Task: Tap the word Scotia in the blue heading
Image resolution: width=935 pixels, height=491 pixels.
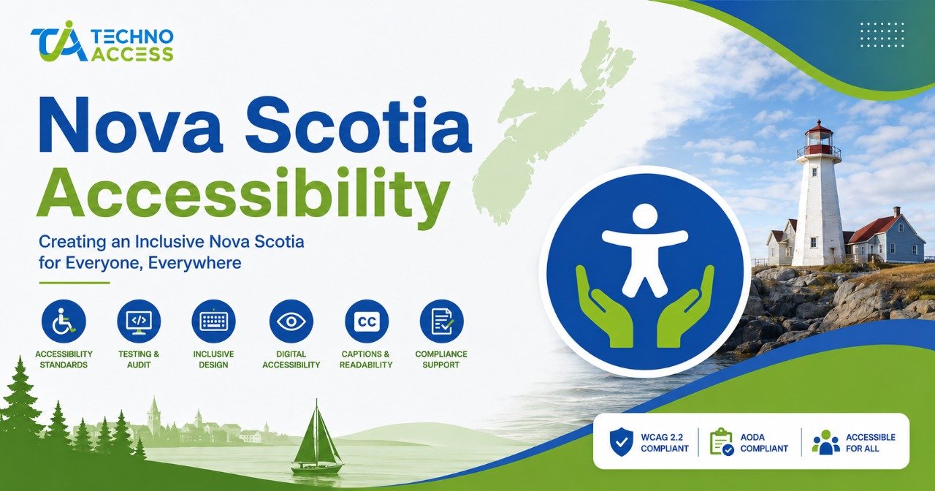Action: [x=358, y=125]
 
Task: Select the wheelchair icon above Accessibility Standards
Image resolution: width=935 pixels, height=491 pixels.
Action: [x=64, y=321]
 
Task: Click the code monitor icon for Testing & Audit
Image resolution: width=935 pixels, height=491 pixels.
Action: [x=139, y=321]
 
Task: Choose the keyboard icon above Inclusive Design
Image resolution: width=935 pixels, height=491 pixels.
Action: [x=214, y=321]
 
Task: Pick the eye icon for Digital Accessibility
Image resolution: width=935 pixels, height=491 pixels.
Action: [x=291, y=321]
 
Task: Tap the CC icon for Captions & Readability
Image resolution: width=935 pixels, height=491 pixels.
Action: [x=367, y=321]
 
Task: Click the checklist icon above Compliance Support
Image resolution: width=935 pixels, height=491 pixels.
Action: [x=441, y=321]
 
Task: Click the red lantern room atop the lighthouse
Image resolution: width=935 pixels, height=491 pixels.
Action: [x=819, y=139]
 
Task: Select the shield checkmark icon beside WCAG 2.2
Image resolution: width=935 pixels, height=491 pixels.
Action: [x=621, y=443]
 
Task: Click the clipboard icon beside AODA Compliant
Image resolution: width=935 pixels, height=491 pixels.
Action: [x=722, y=442]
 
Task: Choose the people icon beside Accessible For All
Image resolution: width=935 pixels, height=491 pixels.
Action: [x=825, y=442]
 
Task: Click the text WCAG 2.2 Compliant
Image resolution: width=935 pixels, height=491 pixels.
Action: [x=665, y=443]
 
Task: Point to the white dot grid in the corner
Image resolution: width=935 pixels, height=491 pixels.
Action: [x=882, y=35]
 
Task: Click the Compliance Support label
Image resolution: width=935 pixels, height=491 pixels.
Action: [x=440, y=359]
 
